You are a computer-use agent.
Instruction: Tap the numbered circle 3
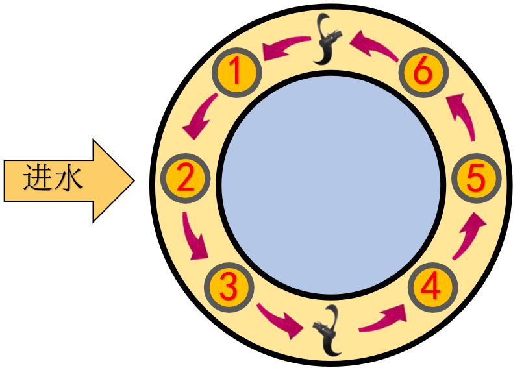[x=228, y=286]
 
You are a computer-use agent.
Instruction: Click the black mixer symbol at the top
[x=327, y=40]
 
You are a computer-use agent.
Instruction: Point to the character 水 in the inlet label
[x=69, y=178]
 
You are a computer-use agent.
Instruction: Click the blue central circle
[x=329, y=182]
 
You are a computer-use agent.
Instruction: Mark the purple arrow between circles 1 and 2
[x=201, y=117]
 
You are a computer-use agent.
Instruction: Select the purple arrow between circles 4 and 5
[x=468, y=236]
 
